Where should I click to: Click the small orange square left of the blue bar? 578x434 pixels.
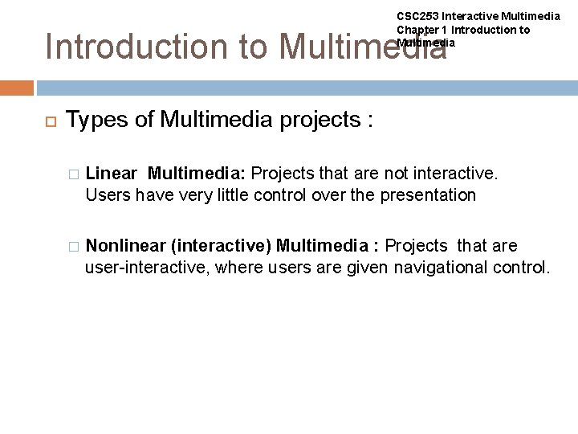(16, 88)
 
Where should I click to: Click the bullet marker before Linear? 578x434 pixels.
(73, 173)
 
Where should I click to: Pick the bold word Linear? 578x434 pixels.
(111, 173)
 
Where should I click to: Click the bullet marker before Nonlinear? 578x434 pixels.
(73, 246)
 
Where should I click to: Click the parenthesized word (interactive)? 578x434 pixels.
(221, 245)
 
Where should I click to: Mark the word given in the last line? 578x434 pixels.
(368, 267)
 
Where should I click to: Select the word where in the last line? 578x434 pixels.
(241, 267)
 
